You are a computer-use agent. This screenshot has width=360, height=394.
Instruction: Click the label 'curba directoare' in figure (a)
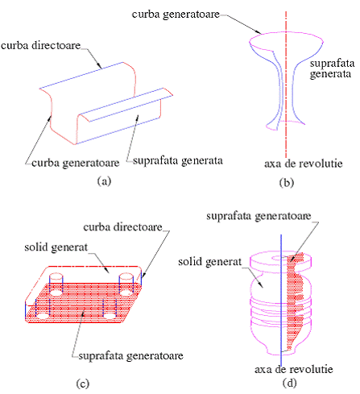point(41,45)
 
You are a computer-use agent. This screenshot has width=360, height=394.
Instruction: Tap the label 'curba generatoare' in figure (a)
point(76,163)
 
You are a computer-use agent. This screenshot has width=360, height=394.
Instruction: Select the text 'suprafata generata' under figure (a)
point(178,160)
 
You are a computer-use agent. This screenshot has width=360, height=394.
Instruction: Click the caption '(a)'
point(104,181)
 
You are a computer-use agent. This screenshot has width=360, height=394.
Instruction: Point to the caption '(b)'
point(287,182)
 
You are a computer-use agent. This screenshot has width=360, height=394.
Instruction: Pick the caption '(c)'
point(82,384)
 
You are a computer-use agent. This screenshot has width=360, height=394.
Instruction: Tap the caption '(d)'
point(289,383)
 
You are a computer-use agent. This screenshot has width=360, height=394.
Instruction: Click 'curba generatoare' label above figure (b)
point(176,15)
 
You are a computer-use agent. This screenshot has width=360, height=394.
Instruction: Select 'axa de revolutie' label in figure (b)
point(304,164)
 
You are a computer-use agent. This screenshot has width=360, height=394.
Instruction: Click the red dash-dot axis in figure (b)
point(286,85)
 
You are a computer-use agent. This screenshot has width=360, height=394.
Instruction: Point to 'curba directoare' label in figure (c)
point(122,227)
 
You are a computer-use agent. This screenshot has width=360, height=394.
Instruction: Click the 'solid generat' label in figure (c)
point(56,247)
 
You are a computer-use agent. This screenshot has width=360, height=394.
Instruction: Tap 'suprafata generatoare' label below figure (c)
point(130,356)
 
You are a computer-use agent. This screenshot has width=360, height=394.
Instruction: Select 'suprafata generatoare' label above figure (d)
point(259,216)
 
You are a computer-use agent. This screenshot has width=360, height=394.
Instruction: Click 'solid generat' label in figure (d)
point(210,262)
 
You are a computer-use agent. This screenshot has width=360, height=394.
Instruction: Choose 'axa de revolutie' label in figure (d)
point(294,369)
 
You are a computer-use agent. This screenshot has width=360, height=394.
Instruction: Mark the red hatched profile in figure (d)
point(296,298)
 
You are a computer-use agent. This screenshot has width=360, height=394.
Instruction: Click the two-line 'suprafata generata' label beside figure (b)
point(332,68)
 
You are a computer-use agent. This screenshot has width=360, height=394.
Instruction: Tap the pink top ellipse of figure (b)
point(286,31)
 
